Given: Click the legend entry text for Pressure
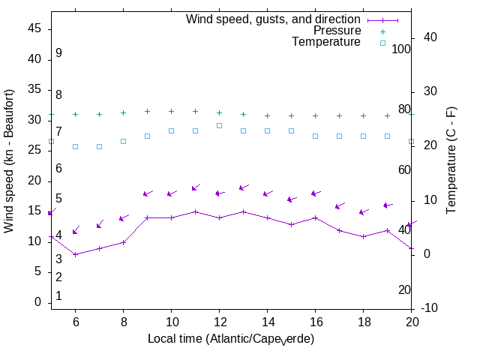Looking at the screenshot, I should pyautogui.click(x=337, y=31).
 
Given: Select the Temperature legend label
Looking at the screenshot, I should pyautogui.click(x=326, y=42).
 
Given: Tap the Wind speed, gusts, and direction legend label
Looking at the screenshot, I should pyautogui.click(x=274, y=19).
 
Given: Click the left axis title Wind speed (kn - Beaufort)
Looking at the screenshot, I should pyautogui.click(x=10, y=160).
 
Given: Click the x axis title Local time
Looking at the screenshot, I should pyautogui.click(x=230, y=339).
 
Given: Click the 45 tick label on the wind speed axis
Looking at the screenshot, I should pyautogui.click(x=34, y=28).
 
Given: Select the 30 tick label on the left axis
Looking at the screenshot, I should pyautogui.click(x=34, y=119).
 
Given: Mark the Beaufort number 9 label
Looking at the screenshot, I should pyautogui.click(x=58, y=53).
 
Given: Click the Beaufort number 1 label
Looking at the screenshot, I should pyautogui.click(x=58, y=296).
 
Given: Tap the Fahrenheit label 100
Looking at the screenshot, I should pyautogui.click(x=402, y=49).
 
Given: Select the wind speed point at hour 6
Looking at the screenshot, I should pyautogui.click(x=75, y=254).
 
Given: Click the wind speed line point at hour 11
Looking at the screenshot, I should pyautogui.click(x=195, y=211).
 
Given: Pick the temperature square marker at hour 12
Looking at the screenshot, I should pyautogui.click(x=219, y=125).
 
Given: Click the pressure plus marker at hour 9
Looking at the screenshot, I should pyautogui.click(x=147, y=112).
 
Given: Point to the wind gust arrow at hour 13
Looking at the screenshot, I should pyautogui.click(x=243, y=187).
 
